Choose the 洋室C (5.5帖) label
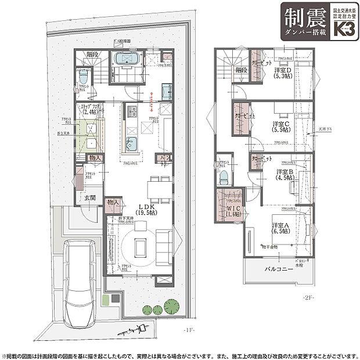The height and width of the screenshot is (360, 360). point(282,127)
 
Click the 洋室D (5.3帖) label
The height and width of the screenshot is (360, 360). point(285,73)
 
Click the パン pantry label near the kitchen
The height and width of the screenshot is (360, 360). point(164,158)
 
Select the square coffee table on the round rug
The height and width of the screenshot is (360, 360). point(140,247)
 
